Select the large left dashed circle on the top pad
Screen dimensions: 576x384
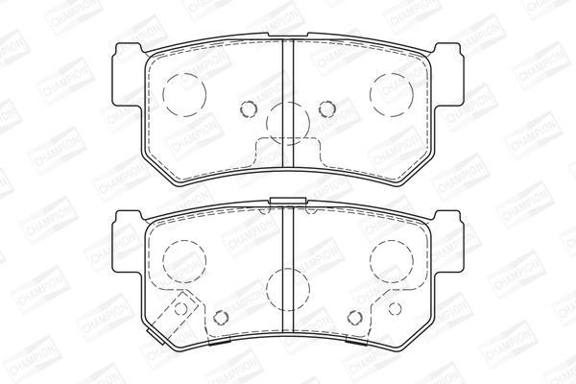click(184, 95)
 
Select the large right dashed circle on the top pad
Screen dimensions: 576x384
click(392, 95)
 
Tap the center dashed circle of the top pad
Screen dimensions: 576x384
click(288, 124)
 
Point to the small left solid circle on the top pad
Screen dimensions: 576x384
click(248, 108)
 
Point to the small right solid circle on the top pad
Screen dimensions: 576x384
click(327, 108)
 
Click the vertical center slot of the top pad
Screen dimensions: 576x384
click(288, 103)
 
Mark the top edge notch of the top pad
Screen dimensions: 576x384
click(288, 35)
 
